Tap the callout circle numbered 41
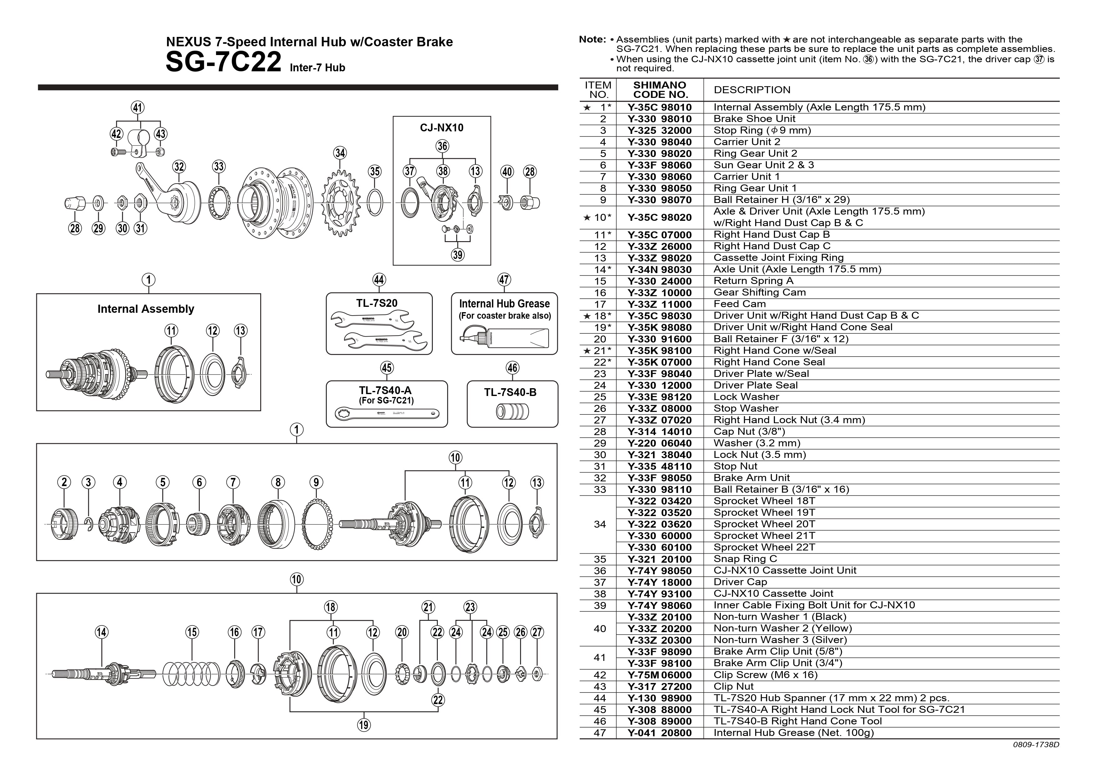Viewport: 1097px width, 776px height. (138, 108)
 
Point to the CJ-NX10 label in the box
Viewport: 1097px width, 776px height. (442, 128)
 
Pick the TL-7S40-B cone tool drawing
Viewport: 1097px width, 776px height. (512, 411)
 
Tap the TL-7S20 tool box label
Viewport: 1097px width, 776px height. (377, 303)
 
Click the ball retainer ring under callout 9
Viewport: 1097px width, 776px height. (317, 524)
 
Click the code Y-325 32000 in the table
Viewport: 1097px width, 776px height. (659, 130)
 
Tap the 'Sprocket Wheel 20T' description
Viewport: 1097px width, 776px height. (764, 524)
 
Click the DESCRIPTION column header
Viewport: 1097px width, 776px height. (751, 90)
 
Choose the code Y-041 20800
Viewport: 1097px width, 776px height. (659, 733)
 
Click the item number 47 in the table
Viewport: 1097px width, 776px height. (599, 733)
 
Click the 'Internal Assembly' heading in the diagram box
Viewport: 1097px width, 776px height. (146, 309)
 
